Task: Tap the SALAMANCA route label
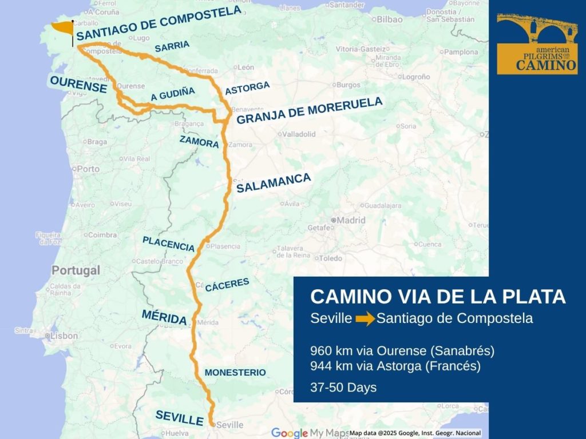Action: (274, 183)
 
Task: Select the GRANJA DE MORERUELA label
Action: (309, 111)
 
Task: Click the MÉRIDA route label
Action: (164, 316)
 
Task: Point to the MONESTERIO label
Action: (235, 373)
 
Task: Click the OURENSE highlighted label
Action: (78, 85)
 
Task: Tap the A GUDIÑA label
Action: (173, 94)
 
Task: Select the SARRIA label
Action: (172, 47)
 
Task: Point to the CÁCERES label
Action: (227, 285)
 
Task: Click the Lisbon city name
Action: (64, 336)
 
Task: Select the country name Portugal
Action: (76, 270)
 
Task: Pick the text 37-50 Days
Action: (343, 387)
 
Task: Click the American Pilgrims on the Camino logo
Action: (537, 44)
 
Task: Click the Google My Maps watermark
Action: (308, 433)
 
